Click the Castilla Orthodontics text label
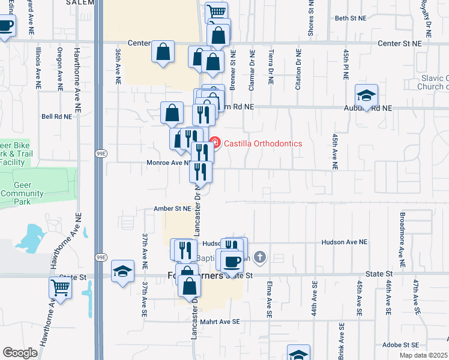[x=264, y=143]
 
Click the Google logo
[x=20, y=353]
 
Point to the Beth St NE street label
[x=351, y=19]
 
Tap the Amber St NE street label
[x=172, y=208]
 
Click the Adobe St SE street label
[x=400, y=345]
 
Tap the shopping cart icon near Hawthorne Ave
[x=60, y=287]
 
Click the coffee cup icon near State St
[x=231, y=261]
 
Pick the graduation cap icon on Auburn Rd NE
[x=366, y=95]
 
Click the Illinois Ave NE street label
[x=38, y=65]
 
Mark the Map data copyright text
[x=423, y=355]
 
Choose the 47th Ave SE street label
[x=415, y=297]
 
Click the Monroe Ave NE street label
[x=169, y=163]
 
